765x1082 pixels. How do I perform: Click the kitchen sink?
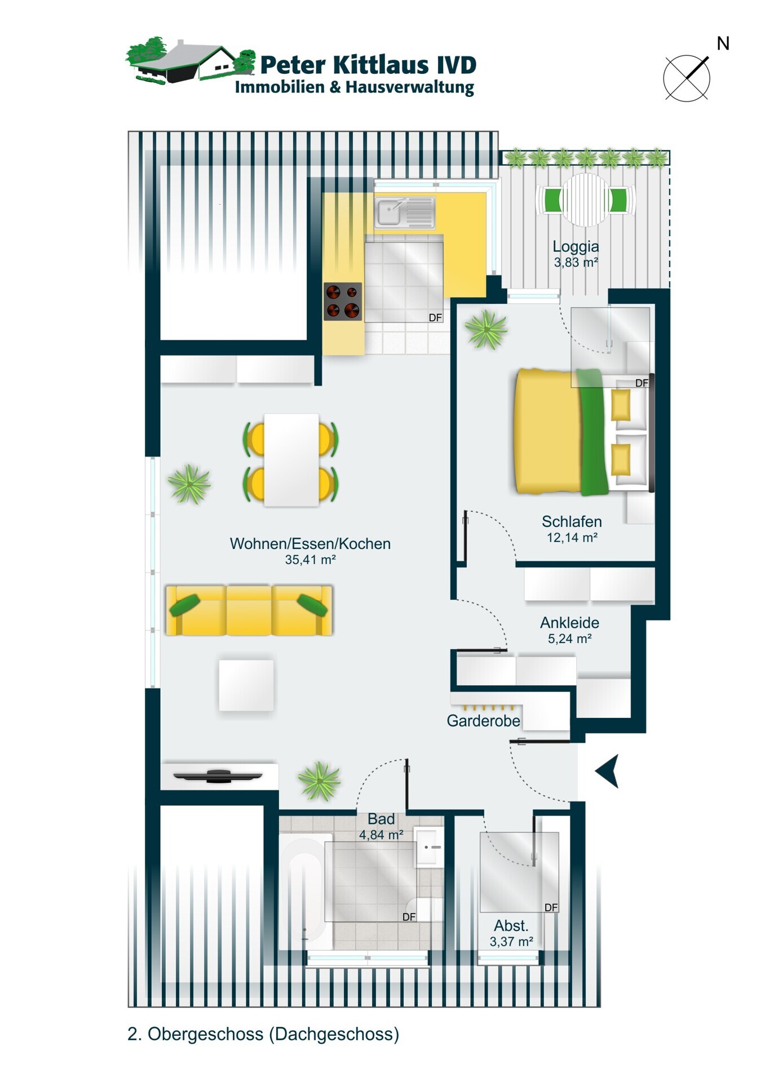tap(405, 212)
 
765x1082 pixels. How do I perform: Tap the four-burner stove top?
tap(343, 301)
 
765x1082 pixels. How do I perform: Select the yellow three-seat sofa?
tap(249, 610)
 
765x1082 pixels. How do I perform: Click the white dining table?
tap(291, 460)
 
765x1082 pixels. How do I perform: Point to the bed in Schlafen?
tap(584, 432)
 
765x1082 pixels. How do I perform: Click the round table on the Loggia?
tap(586, 200)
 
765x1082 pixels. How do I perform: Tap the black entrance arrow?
tap(607, 770)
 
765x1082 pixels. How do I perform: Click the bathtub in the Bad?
tap(304, 890)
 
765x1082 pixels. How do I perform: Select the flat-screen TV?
tap(218, 776)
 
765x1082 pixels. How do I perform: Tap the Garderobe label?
tap(483, 721)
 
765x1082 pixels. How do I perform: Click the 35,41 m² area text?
tap(311, 560)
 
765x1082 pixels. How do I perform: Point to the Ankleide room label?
tap(569, 623)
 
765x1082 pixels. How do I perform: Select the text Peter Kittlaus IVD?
tap(368, 65)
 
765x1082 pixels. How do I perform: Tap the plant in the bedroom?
tap(485, 330)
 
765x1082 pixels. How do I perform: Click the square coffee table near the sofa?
tap(246, 685)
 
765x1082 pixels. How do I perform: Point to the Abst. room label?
tap(511, 926)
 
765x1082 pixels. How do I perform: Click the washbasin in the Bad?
tap(428, 847)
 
